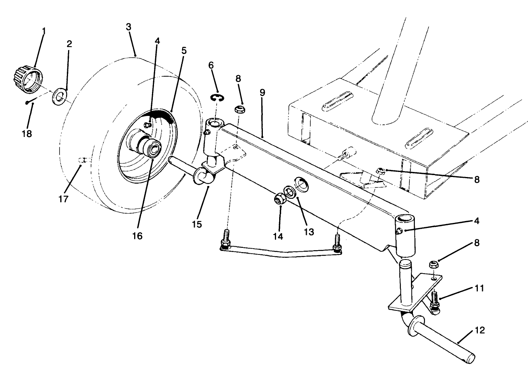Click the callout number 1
click(44, 30)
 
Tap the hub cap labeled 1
click(25, 80)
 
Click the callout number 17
click(63, 199)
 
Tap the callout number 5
click(184, 51)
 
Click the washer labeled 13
click(289, 191)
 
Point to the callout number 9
click(262, 93)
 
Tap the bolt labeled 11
click(434, 302)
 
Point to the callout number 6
click(211, 65)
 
